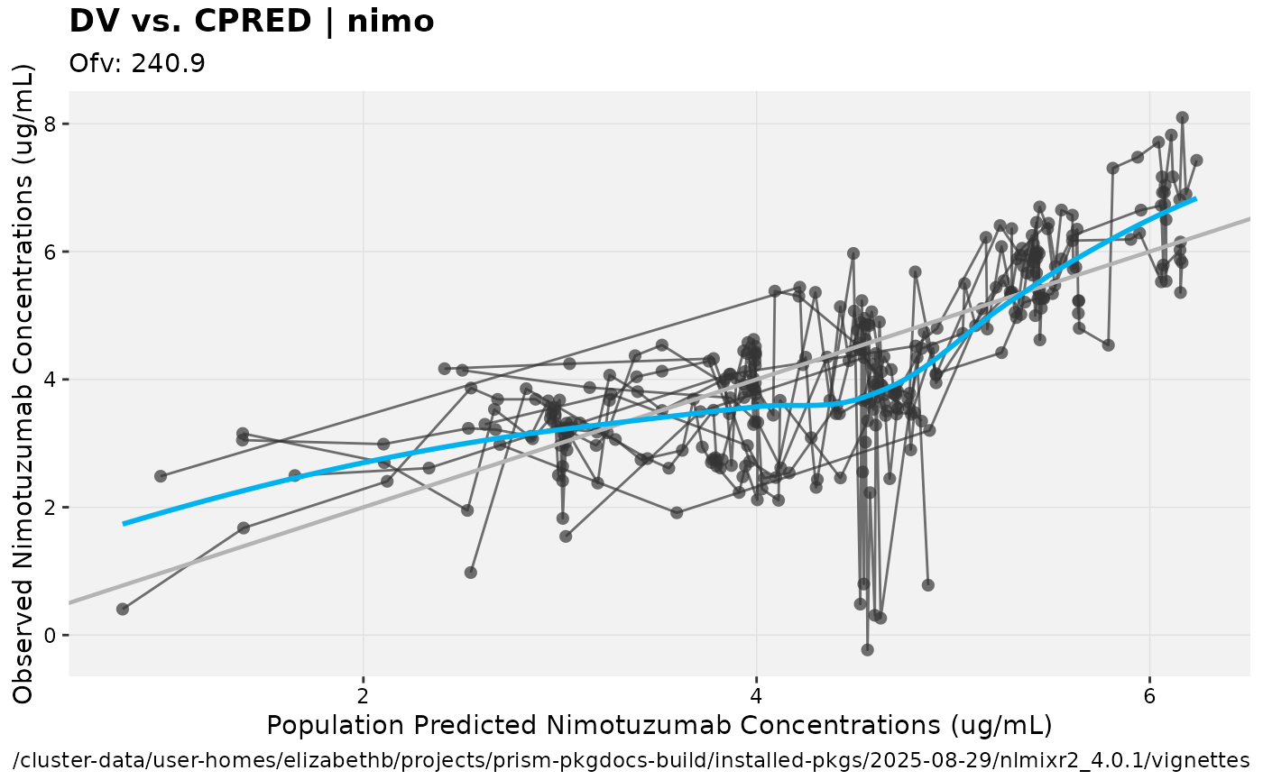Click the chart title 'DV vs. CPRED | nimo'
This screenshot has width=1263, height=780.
coord(252,21)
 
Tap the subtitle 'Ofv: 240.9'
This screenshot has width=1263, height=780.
coord(137,63)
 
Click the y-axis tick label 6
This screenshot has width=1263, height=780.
coord(51,252)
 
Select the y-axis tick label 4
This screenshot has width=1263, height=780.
coord(51,380)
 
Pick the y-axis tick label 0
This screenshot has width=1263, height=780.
coord(51,635)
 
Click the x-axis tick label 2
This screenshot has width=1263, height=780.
coord(364,696)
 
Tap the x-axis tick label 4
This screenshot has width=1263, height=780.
coord(756,696)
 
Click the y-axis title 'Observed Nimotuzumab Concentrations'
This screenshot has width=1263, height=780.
coord(24,383)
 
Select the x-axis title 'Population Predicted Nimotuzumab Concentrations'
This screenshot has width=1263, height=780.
coord(659,725)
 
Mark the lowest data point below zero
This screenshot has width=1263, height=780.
coord(867,649)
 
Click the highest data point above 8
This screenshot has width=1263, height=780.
coord(1182,117)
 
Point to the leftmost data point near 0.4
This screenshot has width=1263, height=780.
coord(123,609)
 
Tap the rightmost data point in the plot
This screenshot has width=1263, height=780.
coord(1196,161)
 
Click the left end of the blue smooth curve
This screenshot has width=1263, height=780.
coord(124,523)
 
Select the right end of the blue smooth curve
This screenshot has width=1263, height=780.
coord(1195,198)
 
